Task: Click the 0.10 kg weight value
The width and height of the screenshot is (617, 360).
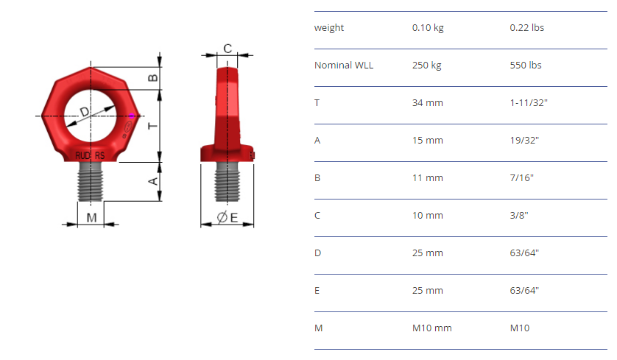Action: pos(428,28)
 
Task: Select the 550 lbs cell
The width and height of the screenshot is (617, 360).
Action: pos(526,66)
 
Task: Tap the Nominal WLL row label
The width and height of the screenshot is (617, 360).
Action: pos(344,66)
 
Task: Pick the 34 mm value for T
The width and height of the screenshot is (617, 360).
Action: pos(427,102)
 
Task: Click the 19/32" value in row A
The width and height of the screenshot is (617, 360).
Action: pos(524,140)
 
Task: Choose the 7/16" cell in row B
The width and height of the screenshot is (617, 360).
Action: pos(522,178)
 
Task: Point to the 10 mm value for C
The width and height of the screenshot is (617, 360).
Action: pos(427,216)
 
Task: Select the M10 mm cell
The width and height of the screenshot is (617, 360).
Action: pos(431,328)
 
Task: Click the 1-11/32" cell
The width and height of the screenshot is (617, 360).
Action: pos(529,102)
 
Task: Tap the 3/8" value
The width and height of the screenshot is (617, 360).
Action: pos(518,216)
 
